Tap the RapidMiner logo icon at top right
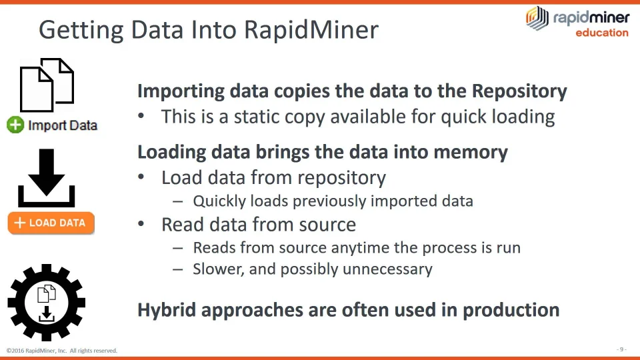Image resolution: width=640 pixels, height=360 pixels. [x=537, y=18]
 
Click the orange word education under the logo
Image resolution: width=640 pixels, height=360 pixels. [x=601, y=33]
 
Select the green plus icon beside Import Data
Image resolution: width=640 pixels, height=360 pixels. [x=15, y=125]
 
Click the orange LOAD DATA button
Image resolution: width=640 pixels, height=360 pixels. [x=51, y=223]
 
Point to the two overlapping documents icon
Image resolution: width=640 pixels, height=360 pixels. [x=47, y=85]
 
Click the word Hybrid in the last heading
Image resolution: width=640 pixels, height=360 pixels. [x=167, y=310]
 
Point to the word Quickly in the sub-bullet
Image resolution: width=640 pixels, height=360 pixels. [x=218, y=201]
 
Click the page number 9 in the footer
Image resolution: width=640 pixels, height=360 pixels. [x=621, y=349]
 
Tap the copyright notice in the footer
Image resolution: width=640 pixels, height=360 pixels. [x=62, y=351]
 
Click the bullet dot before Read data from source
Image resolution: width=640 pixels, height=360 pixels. [x=141, y=224]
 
